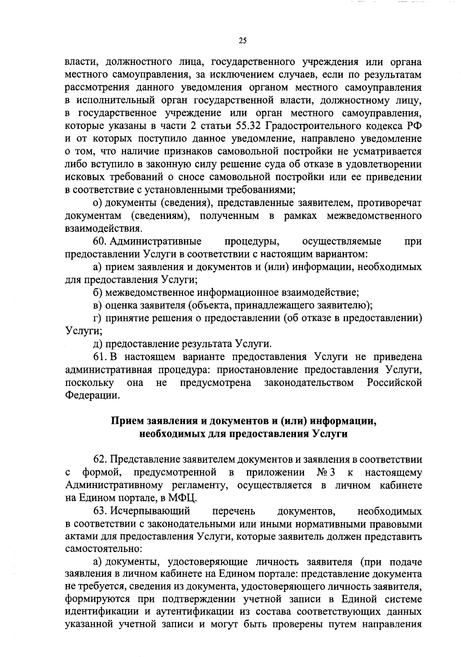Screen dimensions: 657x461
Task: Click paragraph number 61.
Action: (x=99, y=357)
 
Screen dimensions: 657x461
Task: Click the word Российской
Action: (x=394, y=383)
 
